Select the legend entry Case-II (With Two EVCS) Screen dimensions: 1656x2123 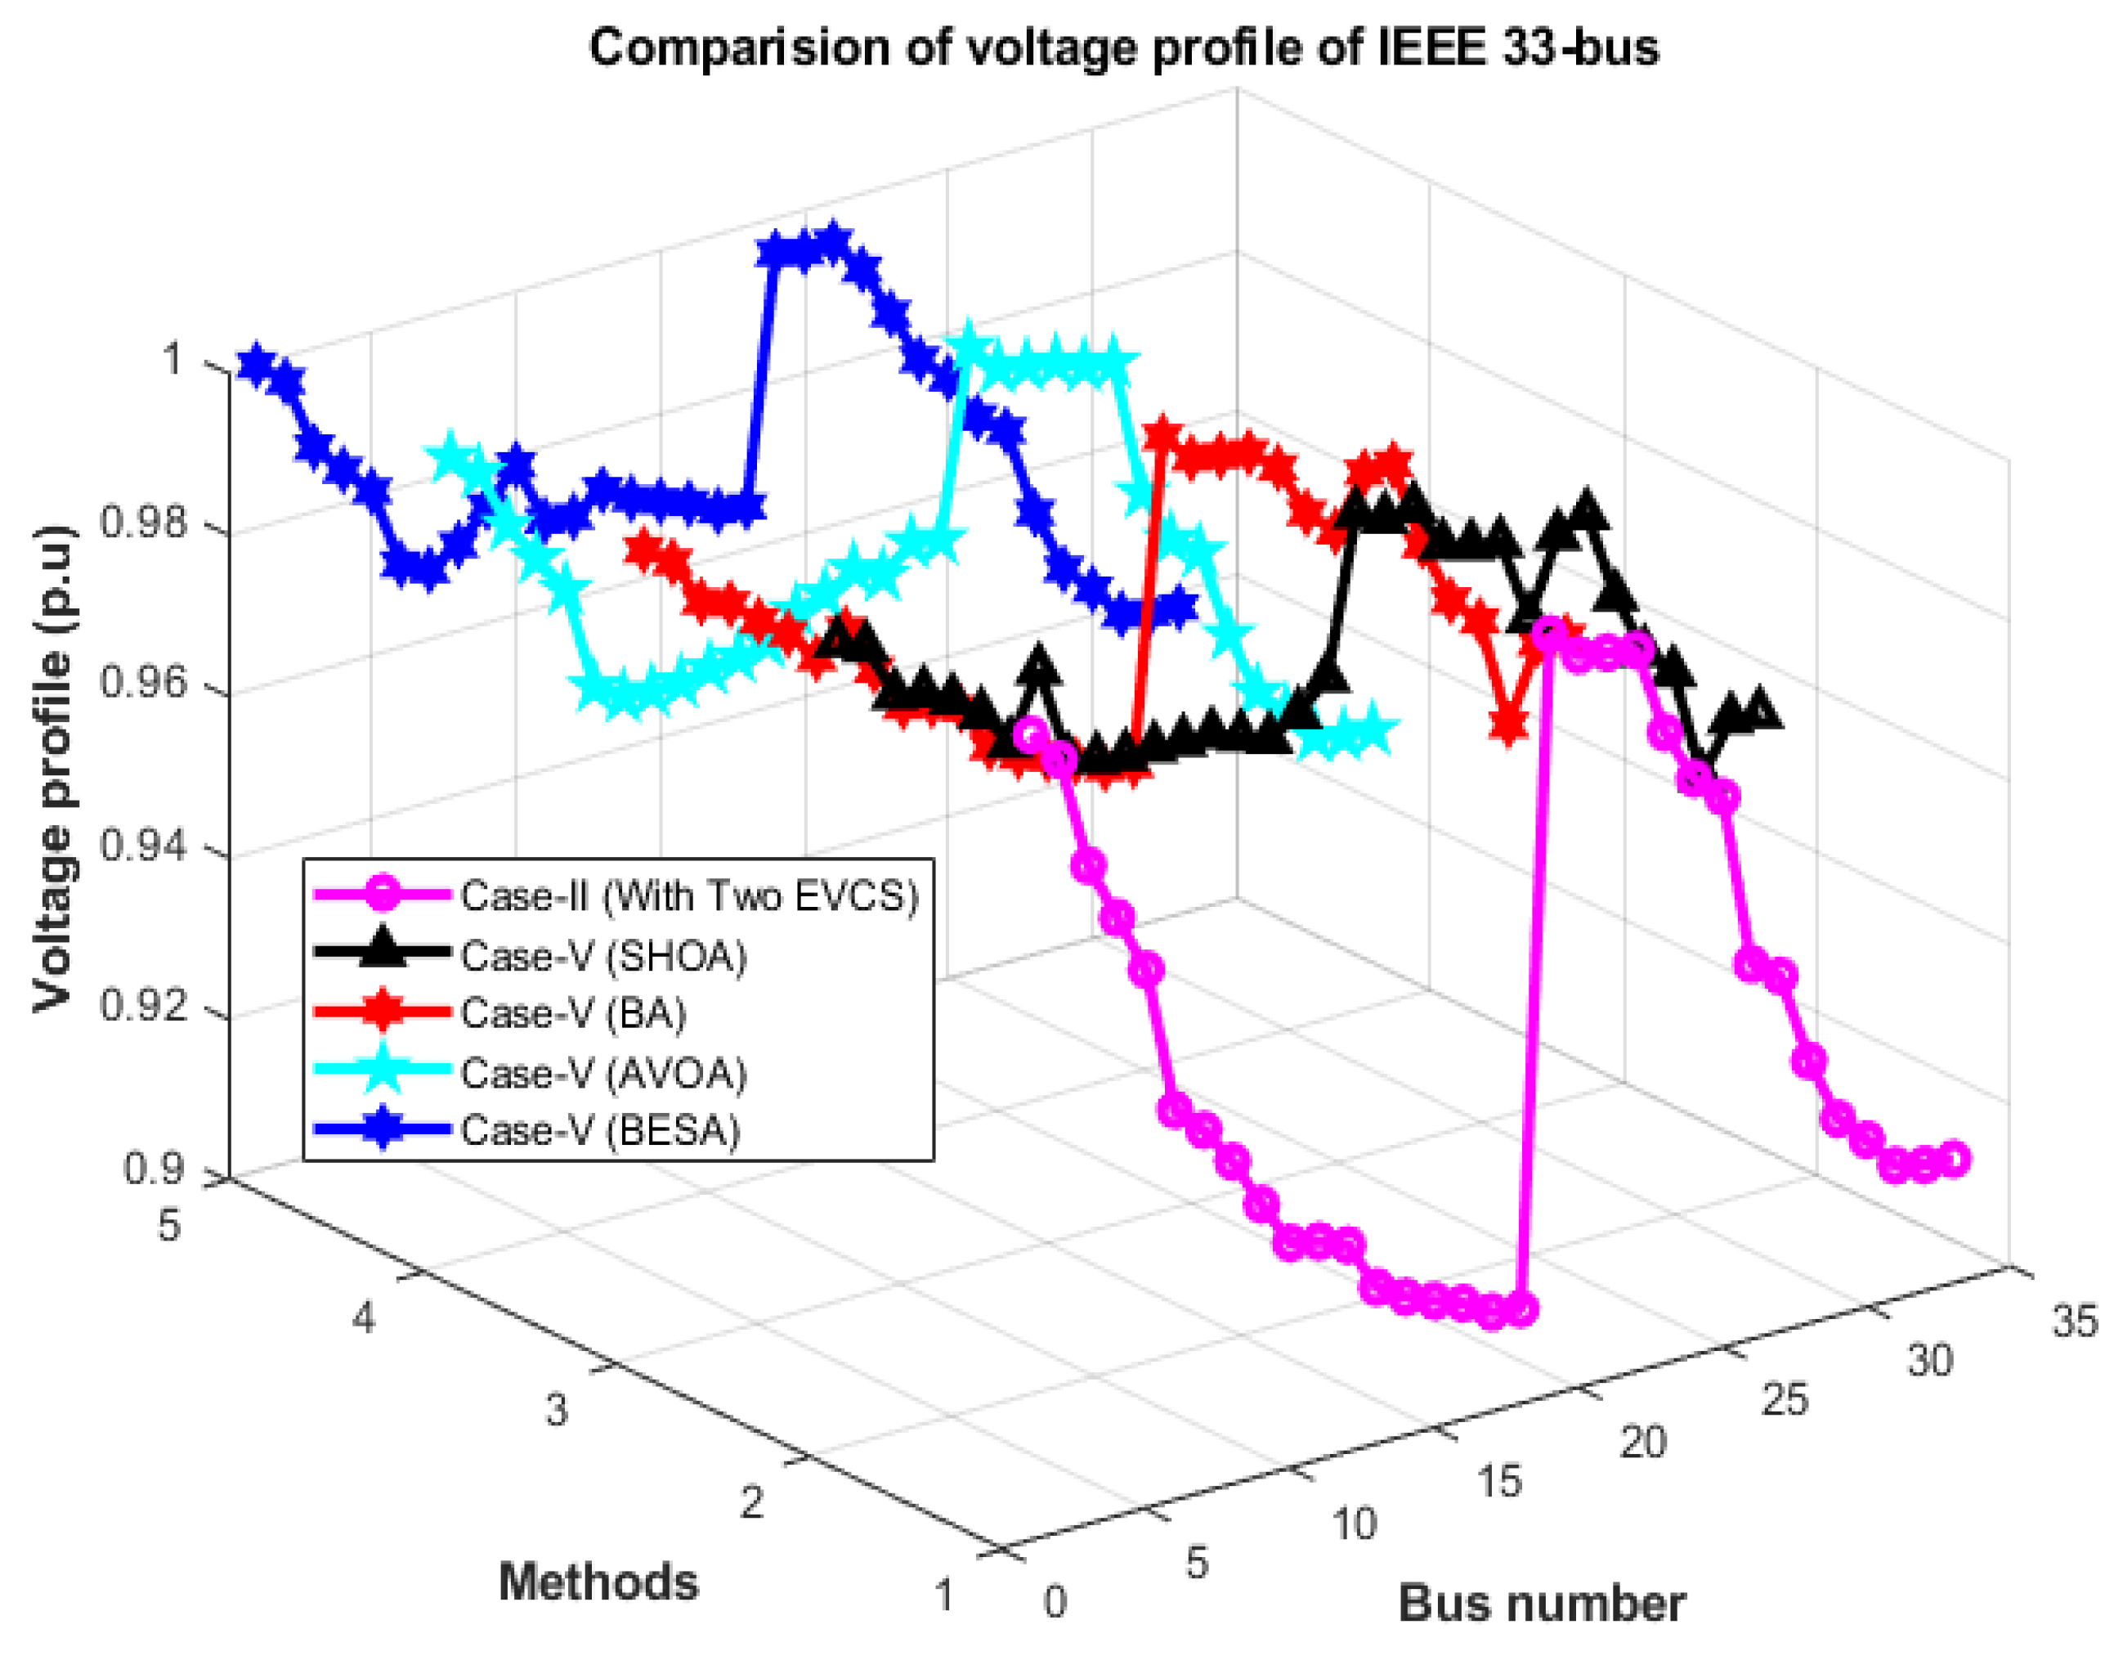coord(688,895)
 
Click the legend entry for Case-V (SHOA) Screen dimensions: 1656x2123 coord(602,957)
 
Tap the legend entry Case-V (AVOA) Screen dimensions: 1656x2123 coord(602,1074)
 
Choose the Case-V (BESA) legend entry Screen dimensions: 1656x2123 coord(600,1130)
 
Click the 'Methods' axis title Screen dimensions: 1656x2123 coord(598,1582)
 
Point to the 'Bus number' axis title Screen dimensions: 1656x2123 coord(1542,1604)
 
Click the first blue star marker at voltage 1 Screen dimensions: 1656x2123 coord(256,364)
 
